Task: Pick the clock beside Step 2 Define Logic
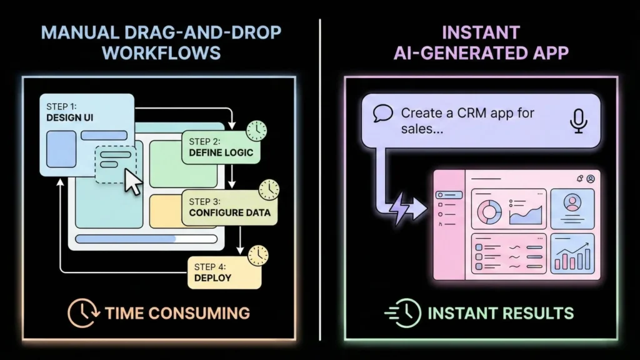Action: click(x=256, y=131)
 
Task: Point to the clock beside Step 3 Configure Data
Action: click(x=269, y=189)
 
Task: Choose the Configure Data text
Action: click(x=229, y=212)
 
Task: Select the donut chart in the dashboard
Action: click(x=489, y=212)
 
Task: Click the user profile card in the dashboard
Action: click(x=572, y=208)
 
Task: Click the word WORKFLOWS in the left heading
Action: click(x=161, y=52)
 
